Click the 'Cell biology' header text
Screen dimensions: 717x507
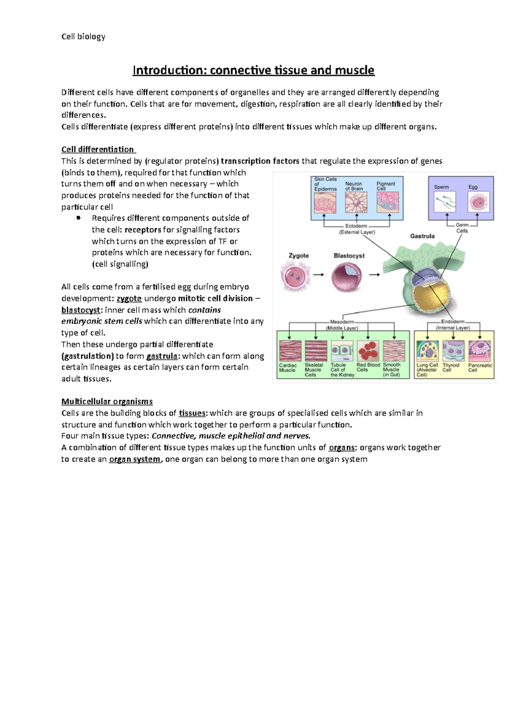click(x=83, y=37)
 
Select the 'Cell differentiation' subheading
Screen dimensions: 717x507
click(x=98, y=149)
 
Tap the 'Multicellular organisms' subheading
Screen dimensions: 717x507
click(x=107, y=402)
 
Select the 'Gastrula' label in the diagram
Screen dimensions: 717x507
click(x=422, y=236)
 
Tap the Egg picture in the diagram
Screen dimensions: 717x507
click(x=478, y=202)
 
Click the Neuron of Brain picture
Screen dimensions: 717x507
click(x=356, y=203)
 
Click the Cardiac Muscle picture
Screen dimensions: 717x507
click(x=290, y=351)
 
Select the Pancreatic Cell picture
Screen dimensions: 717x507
click(x=480, y=351)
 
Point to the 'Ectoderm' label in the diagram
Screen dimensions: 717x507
click(x=356, y=226)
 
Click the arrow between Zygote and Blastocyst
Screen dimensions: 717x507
click(x=319, y=274)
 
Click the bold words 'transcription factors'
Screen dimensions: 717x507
click(x=260, y=161)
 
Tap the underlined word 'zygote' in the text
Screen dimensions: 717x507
click(x=129, y=299)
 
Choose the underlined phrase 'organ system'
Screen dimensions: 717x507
click(x=135, y=459)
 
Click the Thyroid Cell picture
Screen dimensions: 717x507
click(x=453, y=351)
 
